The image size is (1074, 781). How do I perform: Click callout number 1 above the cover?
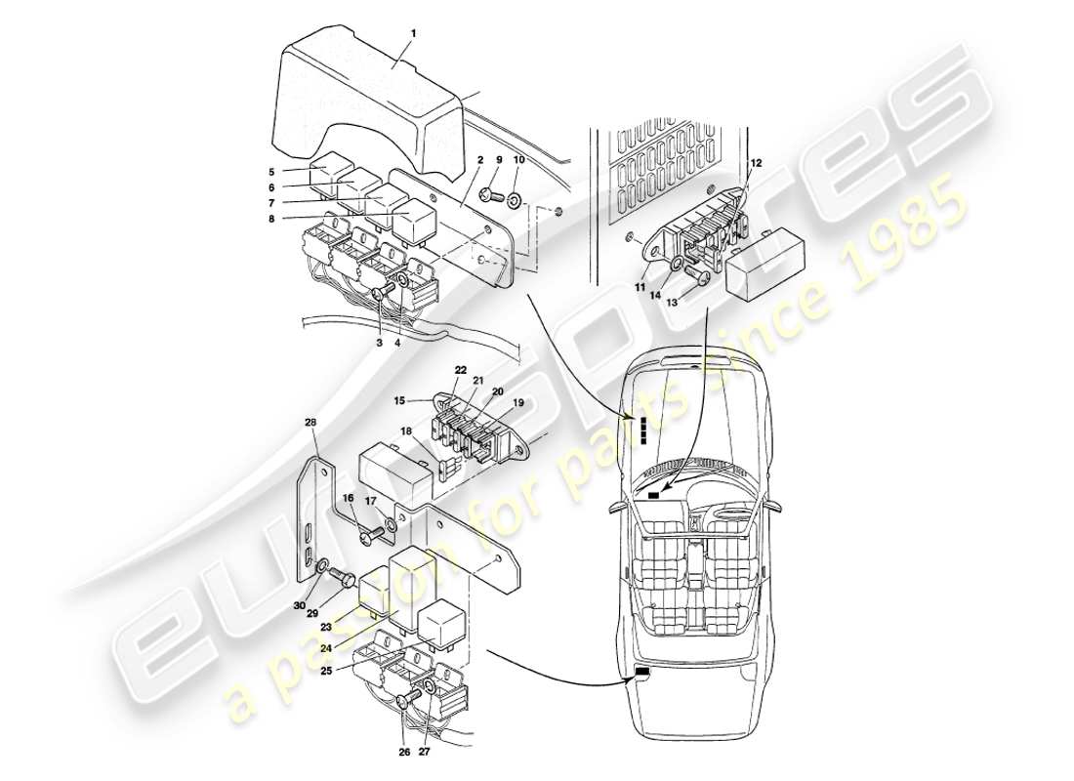click(x=414, y=32)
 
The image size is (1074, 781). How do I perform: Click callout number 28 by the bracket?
click(x=311, y=423)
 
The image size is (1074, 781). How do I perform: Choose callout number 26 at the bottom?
click(x=403, y=752)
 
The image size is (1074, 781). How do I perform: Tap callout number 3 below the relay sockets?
click(x=379, y=342)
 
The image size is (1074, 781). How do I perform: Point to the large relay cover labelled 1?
click(x=371, y=98)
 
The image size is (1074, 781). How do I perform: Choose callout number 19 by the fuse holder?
click(x=517, y=401)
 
